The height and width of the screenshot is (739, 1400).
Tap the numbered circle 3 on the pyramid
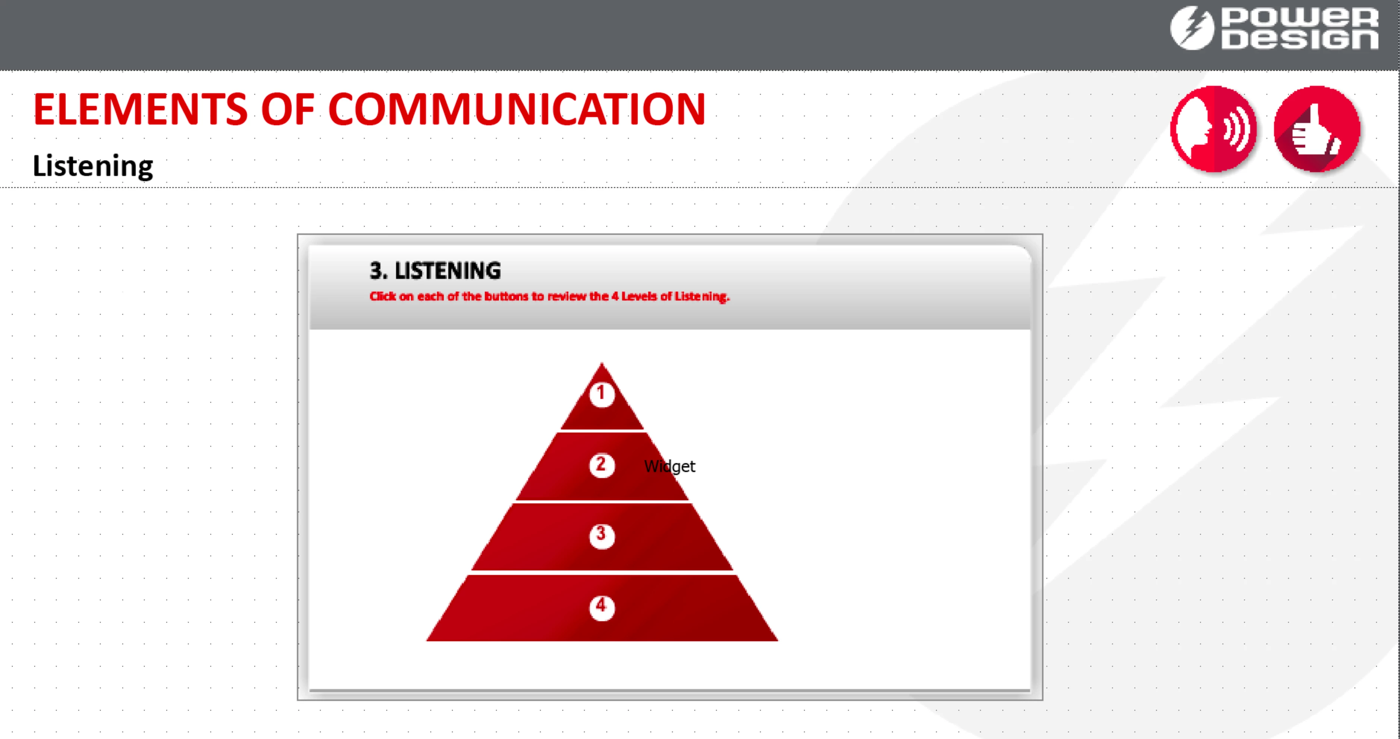click(x=602, y=536)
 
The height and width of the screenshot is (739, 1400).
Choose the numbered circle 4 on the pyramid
click(x=602, y=607)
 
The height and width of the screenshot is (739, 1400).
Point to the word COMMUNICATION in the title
click(x=517, y=109)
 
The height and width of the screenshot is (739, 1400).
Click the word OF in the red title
click(x=288, y=109)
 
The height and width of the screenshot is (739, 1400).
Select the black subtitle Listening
click(x=93, y=166)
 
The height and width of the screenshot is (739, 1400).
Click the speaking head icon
click(x=1214, y=129)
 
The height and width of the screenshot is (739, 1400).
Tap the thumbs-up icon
click(x=1317, y=129)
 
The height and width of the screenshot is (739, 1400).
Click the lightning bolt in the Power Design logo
click(x=1192, y=28)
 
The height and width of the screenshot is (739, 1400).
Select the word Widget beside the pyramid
click(x=669, y=466)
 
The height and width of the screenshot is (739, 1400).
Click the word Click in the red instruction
click(x=383, y=296)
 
